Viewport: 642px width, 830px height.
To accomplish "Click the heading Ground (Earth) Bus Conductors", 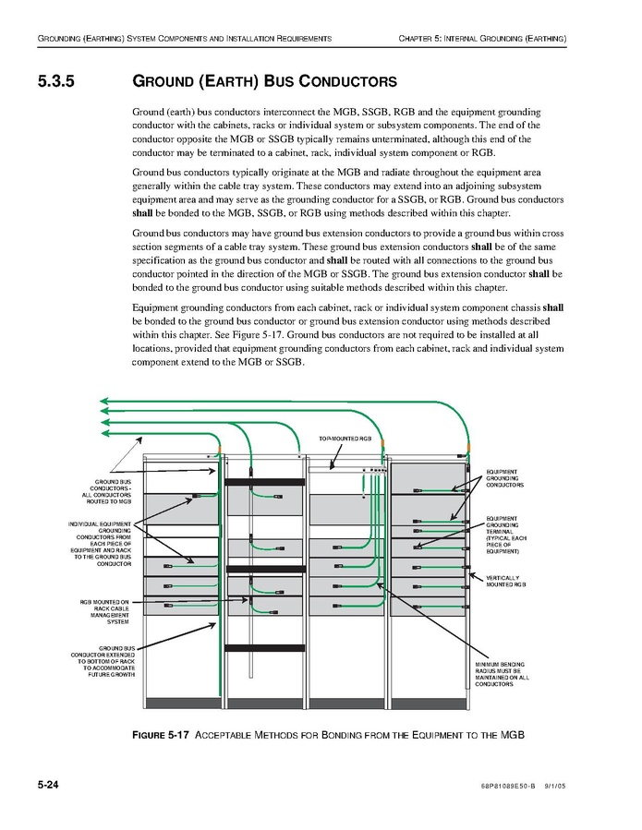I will (x=264, y=81).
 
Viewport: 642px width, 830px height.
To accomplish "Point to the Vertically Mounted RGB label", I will (x=505, y=581).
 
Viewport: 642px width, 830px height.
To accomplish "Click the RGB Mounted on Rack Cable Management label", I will (x=105, y=612).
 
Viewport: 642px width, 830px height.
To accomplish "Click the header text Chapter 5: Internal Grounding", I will (x=482, y=38).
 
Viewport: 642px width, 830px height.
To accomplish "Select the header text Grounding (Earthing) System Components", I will (x=184, y=38).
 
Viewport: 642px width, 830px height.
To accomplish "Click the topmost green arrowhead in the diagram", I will (x=105, y=401).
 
